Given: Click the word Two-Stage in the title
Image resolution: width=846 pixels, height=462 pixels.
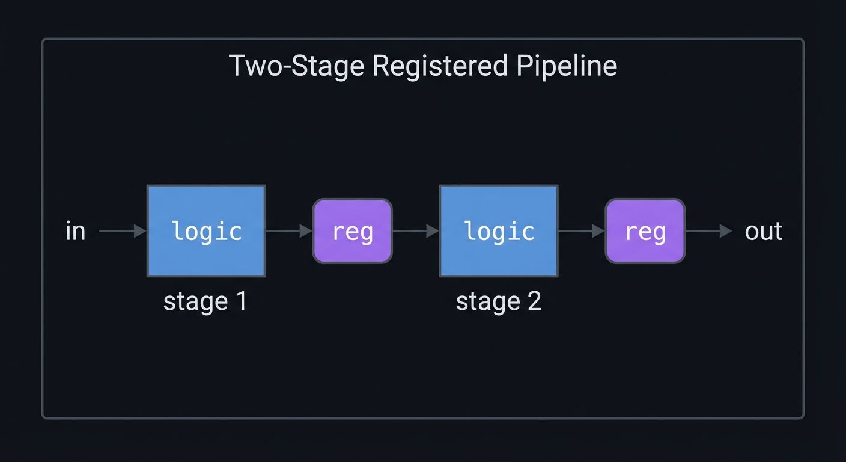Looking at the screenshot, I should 296,66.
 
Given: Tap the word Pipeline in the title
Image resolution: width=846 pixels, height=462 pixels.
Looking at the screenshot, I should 567,66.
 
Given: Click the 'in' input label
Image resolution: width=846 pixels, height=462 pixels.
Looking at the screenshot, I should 75,232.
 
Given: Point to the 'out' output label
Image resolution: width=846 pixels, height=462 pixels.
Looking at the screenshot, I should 764,232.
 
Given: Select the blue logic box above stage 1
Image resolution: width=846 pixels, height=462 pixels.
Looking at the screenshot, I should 206,231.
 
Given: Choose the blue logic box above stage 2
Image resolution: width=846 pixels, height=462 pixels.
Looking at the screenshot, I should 499,231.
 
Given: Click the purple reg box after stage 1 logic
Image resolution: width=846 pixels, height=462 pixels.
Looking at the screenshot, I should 353,231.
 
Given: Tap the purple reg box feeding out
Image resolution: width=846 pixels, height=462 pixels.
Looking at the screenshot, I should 645,231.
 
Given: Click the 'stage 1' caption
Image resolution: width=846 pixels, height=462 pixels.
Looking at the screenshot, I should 205,301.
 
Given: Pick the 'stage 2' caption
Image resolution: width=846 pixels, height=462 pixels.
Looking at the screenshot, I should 498,301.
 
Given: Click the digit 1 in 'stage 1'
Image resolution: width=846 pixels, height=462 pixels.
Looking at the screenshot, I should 241,301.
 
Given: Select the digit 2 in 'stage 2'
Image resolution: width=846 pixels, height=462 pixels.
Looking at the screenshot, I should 534,301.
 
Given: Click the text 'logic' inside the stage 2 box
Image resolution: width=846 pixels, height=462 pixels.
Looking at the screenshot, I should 499,232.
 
